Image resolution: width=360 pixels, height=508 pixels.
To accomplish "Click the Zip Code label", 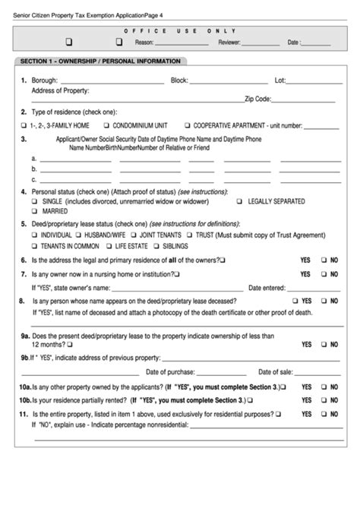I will click(x=257, y=99).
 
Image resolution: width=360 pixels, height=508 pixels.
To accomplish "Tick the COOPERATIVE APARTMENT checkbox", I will click(x=186, y=125).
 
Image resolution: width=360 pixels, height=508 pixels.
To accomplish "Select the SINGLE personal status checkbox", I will click(x=34, y=202).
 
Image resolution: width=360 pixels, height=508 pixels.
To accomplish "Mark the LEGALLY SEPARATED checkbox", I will click(x=239, y=202).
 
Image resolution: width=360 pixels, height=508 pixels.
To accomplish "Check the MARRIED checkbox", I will click(x=34, y=212).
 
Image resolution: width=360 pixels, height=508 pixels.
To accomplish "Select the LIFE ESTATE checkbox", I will click(x=108, y=246).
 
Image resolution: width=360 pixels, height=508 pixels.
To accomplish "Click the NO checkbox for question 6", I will click(x=324, y=260).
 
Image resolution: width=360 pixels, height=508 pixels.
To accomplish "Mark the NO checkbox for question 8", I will click(x=324, y=301).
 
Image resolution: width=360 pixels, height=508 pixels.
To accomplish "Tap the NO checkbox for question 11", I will click(x=324, y=415).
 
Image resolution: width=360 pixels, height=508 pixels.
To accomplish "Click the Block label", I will click(x=179, y=80).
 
